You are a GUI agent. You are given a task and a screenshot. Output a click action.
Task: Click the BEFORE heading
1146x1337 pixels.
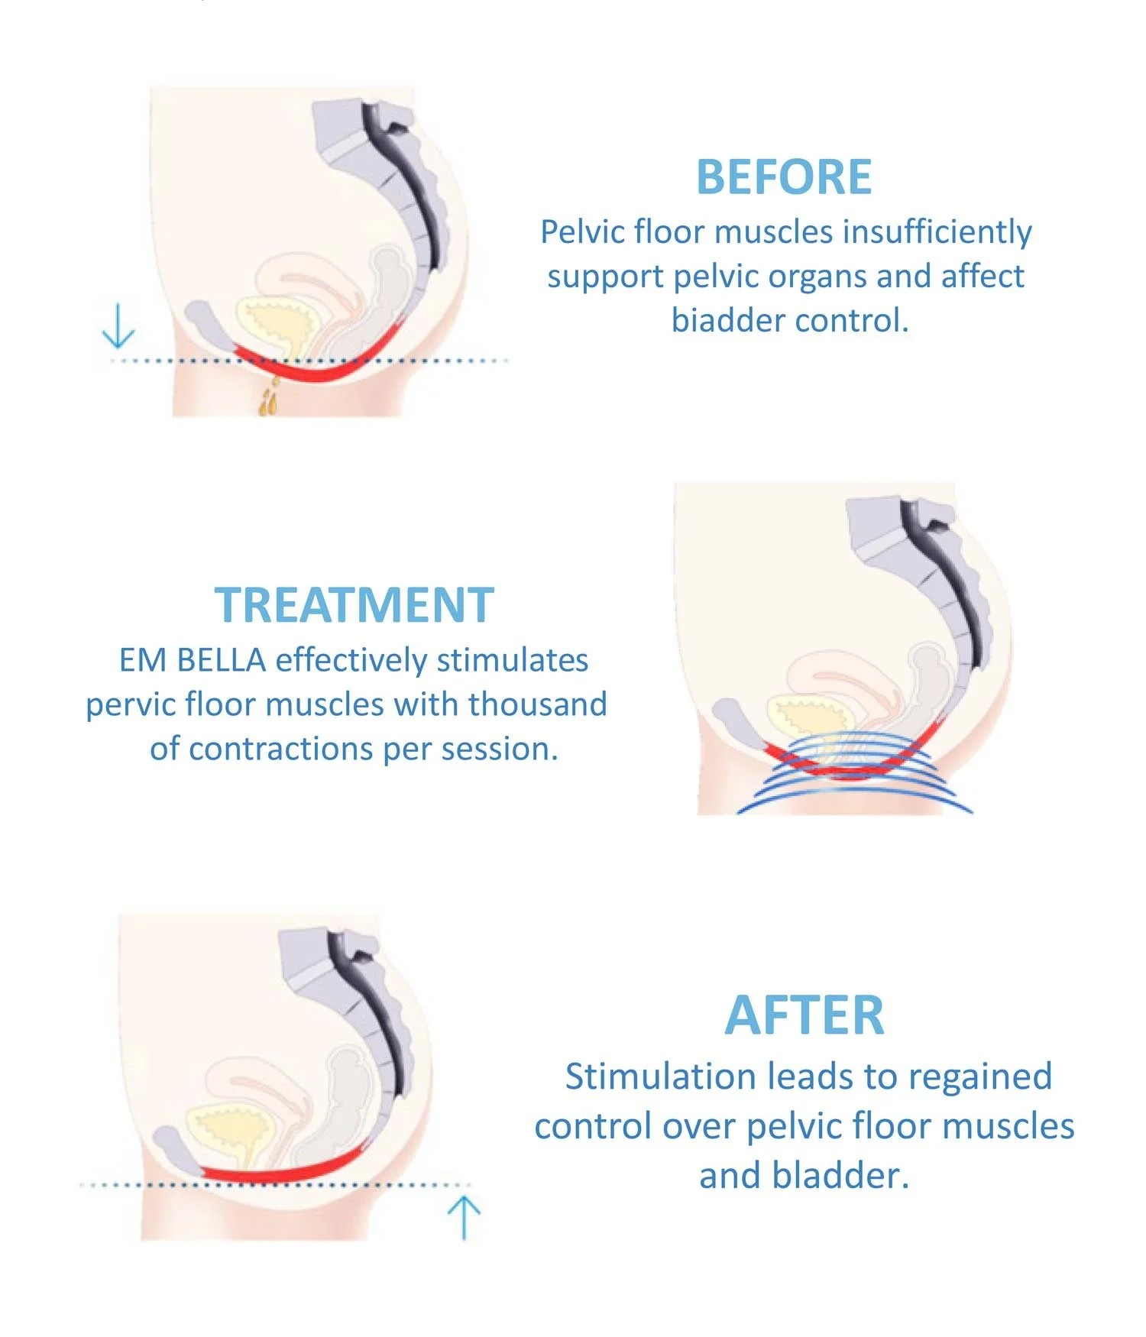click(783, 177)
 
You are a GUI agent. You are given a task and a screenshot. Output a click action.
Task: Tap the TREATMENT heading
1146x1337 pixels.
click(354, 605)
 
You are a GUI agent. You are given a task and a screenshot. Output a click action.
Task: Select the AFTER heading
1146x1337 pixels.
click(804, 1015)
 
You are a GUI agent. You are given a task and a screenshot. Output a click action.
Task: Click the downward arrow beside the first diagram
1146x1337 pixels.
click(118, 326)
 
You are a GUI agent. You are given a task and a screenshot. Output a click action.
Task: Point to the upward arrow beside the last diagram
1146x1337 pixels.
click(464, 1217)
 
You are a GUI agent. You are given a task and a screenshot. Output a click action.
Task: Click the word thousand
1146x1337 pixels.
click(537, 704)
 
